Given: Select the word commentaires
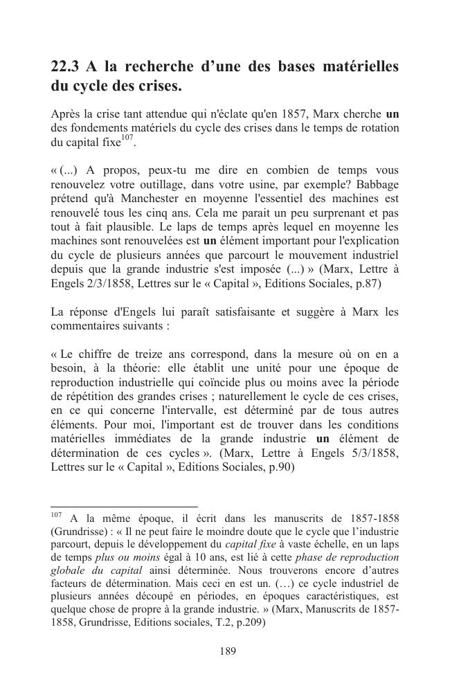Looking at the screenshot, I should (85, 325).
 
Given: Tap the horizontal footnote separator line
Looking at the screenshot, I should (124, 507).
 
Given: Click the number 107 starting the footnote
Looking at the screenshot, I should (56, 516).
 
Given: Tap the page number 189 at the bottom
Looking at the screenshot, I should (228, 651).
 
